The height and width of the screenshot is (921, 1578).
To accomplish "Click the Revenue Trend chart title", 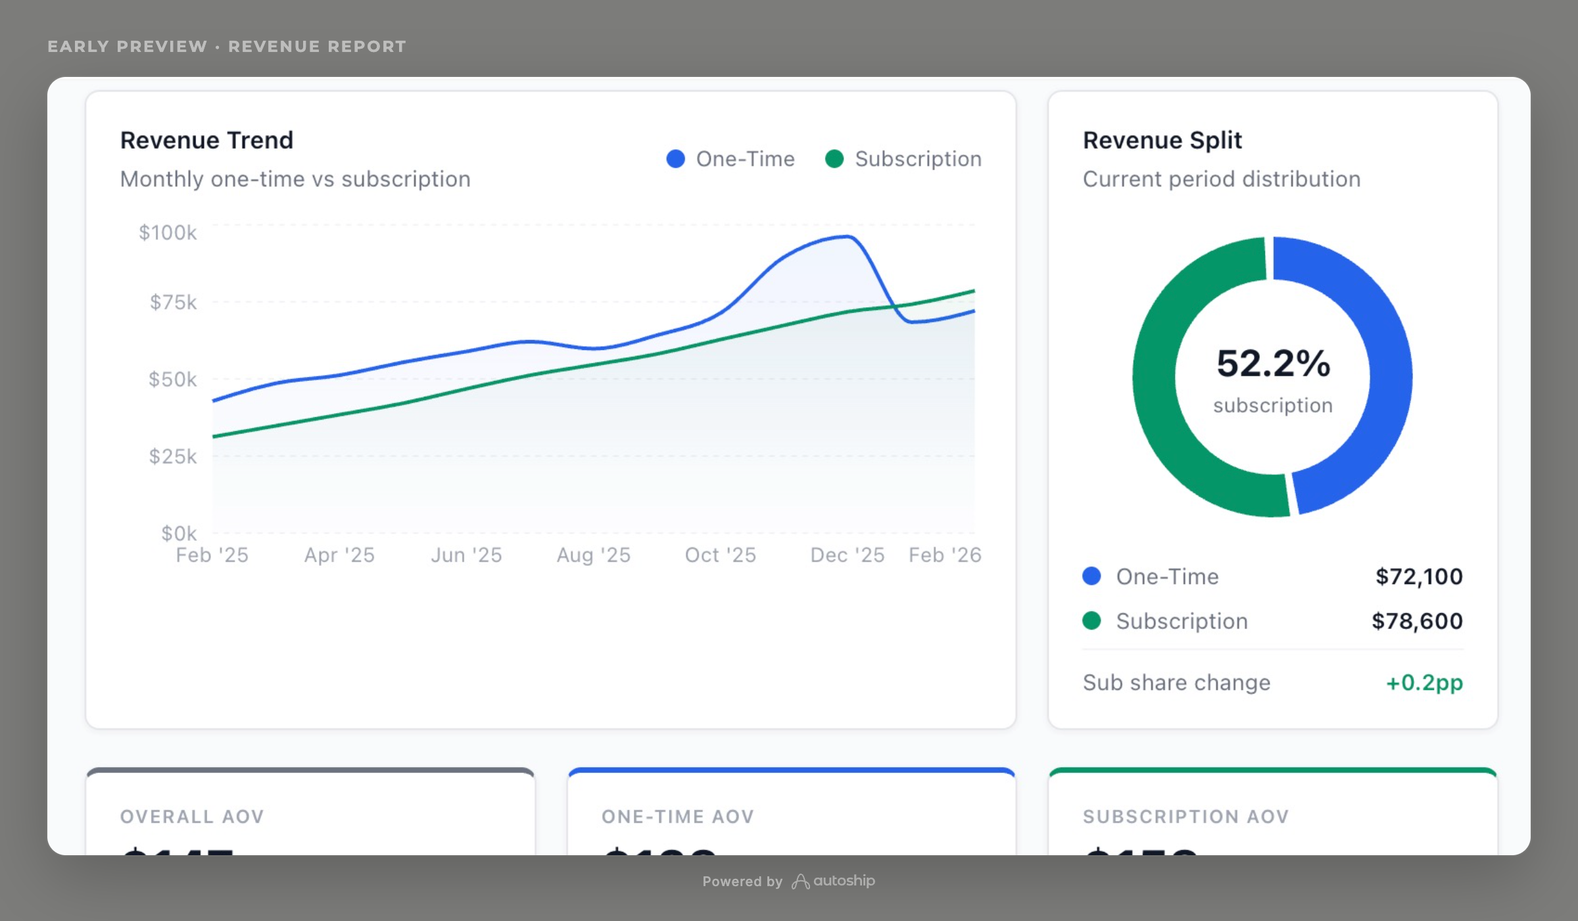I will (x=206, y=140).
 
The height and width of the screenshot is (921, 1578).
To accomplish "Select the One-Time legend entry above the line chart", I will (x=730, y=159).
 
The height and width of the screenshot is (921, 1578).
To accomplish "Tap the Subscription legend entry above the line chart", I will (x=903, y=159).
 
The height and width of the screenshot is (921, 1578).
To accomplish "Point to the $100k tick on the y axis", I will (x=168, y=232).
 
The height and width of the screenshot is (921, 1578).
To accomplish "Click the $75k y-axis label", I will (x=173, y=302).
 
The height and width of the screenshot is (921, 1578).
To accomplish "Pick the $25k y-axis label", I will (x=172, y=456).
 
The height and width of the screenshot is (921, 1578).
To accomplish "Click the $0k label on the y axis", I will (x=179, y=533).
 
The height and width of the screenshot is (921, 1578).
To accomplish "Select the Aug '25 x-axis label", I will (x=593, y=555).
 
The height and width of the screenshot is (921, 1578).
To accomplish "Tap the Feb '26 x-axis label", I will (x=944, y=555).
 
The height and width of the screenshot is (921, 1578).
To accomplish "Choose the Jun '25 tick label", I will (x=466, y=555).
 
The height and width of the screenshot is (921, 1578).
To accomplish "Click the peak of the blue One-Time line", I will (x=847, y=237).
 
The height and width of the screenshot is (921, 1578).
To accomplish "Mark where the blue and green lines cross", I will (x=894, y=307).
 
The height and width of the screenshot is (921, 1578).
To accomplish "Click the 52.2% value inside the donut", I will (x=1273, y=363).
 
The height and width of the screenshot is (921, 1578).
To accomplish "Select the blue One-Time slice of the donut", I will (x=1374, y=342).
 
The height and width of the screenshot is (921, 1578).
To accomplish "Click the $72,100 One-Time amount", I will (x=1419, y=576).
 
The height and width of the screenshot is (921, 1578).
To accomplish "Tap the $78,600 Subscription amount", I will (x=1417, y=621).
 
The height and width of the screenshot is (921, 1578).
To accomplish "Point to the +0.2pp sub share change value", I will (x=1424, y=682).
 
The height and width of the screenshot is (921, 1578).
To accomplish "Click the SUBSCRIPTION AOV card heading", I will (x=1185, y=816).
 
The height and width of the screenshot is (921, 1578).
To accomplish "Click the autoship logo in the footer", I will (x=834, y=881).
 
